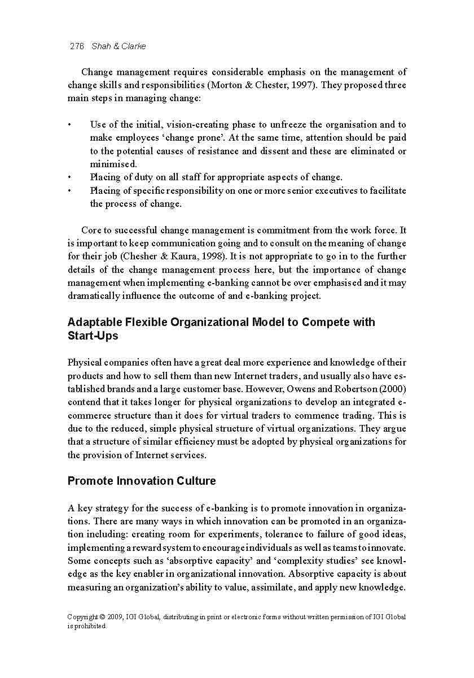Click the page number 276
click(x=76, y=46)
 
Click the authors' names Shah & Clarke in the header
click(x=118, y=46)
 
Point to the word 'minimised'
click(x=113, y=164)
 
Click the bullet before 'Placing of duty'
click(x=69, y=177)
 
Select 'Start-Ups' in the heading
click(x=93, y=336)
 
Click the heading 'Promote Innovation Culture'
click(x=141, y=481)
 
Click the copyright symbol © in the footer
click(x=102, y=617)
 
